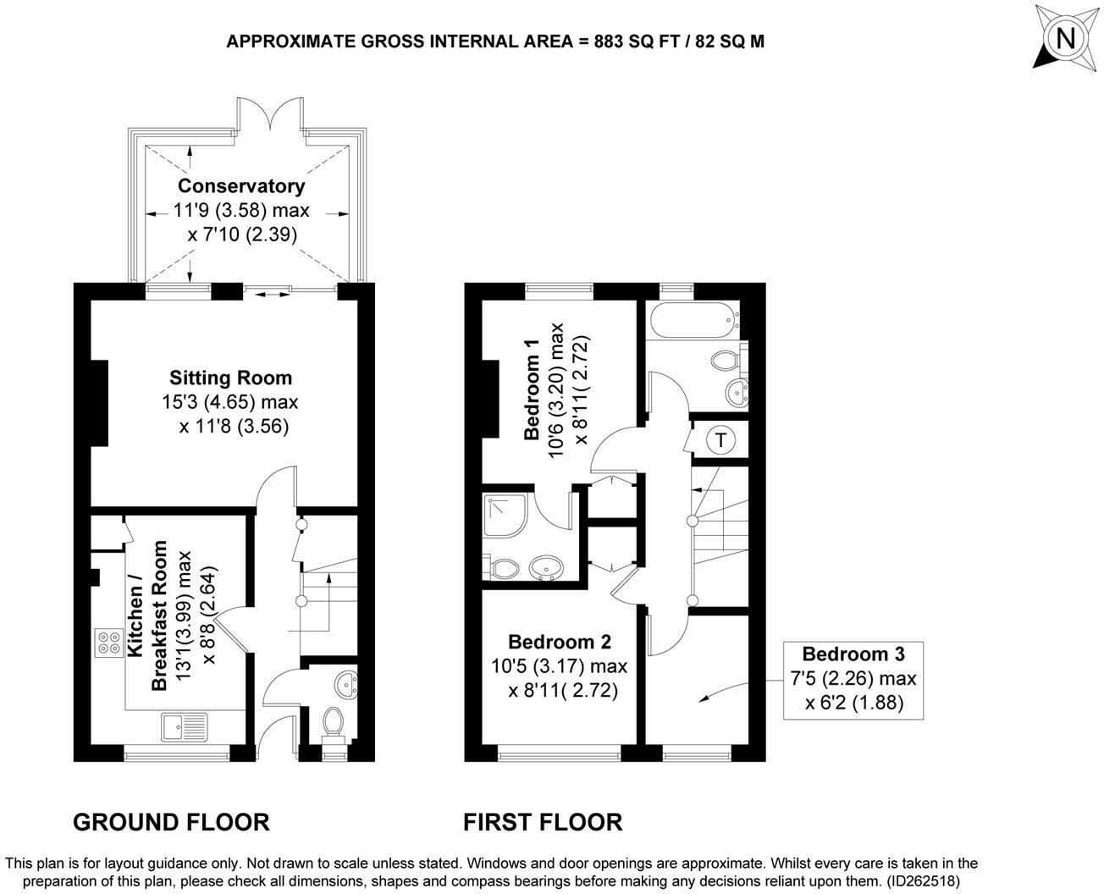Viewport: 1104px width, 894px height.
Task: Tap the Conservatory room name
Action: (x=241, y=185)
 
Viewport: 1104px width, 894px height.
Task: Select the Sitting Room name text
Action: (x=230, y=378)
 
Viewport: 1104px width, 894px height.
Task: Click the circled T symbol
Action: (x=720, y=440)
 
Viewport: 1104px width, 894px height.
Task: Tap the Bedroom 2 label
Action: (x=559, y=642)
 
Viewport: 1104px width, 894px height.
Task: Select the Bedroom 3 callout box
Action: (x=853, y=679)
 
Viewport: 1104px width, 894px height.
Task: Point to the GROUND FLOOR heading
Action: (x=171, y=821)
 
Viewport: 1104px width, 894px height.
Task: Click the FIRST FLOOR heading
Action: (x=542, y=821)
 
